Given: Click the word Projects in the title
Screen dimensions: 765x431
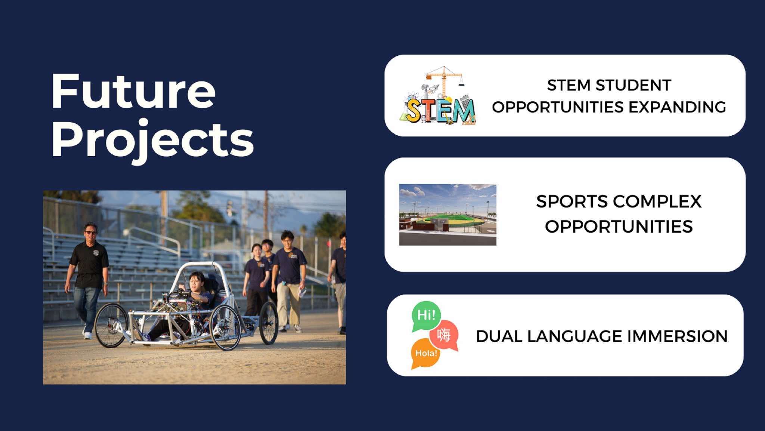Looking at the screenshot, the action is pyautogui.click(x=153, y=141).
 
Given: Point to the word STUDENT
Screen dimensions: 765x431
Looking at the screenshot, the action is pyautogui.click(x=634, y=85).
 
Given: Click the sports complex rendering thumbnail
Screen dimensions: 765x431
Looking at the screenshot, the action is pyautogui.click(x=447, y=215).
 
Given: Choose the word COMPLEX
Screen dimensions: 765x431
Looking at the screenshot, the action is pyautogui.click(x=660, y=201).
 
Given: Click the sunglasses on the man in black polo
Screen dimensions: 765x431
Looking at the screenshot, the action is pyautogui.click(x=91, y=233).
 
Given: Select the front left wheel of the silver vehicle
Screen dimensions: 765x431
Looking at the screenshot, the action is pyautogui.click(x=225, y=327).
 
